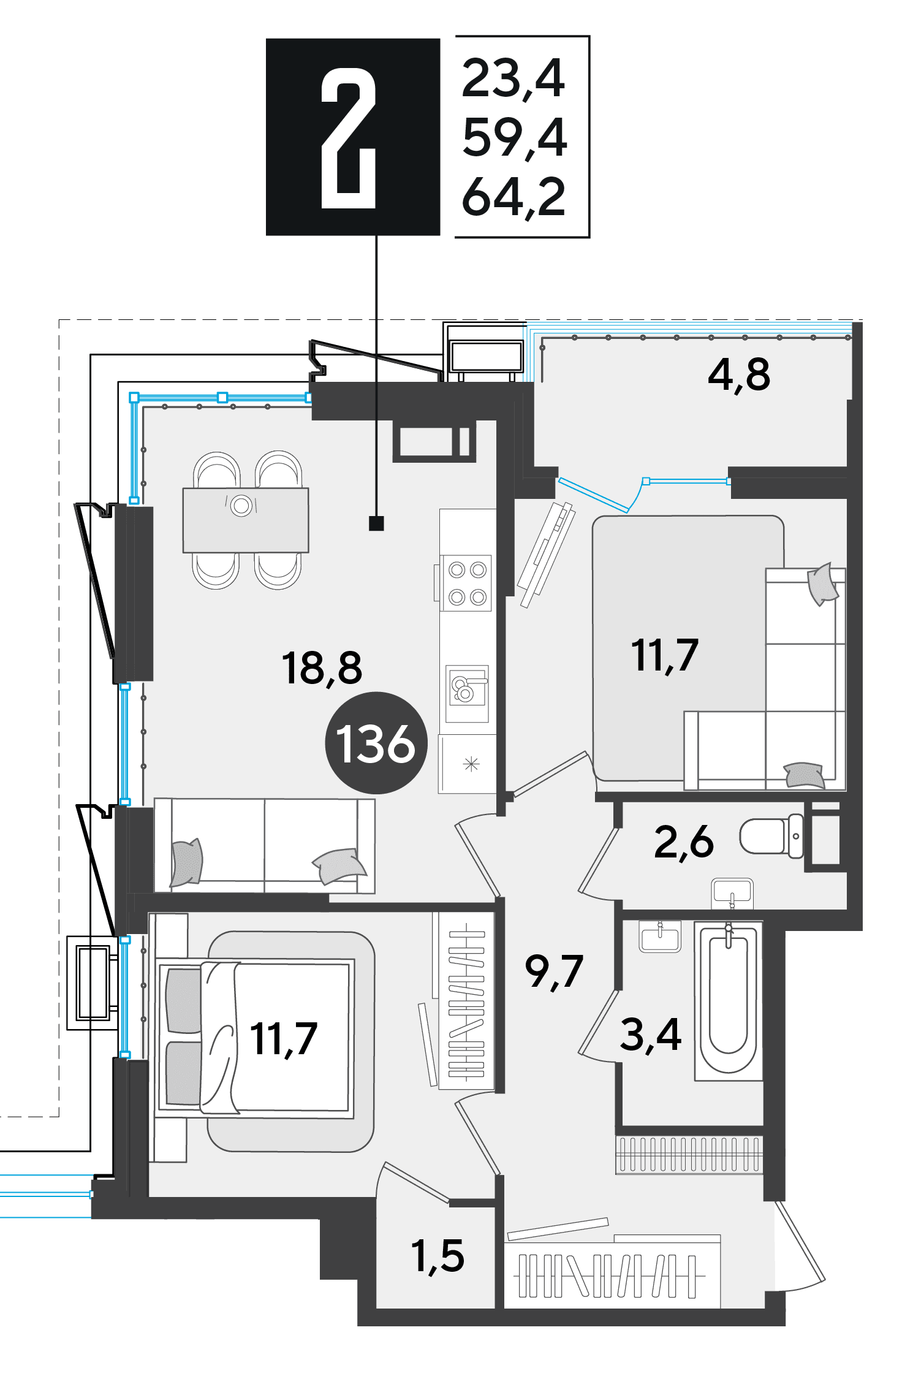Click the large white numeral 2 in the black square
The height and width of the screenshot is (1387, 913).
point(348,138)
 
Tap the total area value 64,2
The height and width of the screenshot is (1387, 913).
point(513,197)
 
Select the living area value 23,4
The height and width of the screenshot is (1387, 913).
point(513,79)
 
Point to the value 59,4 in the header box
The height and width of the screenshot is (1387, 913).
point(514,138)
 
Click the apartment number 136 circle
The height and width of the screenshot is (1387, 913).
point(376,743)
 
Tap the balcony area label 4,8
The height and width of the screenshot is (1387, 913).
point(738,374)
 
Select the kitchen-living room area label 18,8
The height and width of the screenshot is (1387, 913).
point(322,668)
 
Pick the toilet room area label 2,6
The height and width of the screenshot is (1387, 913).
point(684,842)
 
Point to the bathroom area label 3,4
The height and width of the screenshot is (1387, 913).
point(651,1035)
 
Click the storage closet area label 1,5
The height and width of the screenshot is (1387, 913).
point(438,1256)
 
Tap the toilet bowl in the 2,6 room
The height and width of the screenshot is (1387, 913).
point(771,835)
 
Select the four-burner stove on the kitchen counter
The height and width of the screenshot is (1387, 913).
point(468,582)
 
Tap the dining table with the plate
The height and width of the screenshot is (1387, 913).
point(246,520)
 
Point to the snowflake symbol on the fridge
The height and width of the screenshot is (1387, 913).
point(471,764)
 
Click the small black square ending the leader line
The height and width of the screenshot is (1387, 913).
point(376,523)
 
